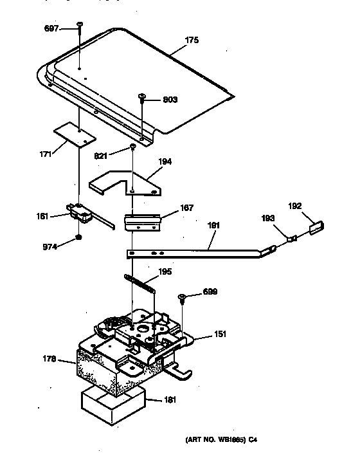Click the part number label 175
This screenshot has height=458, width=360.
192,40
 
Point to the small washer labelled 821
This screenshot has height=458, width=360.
132,148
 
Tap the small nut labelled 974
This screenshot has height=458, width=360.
78,237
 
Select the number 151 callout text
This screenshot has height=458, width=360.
220,334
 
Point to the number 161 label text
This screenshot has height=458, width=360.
43,216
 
